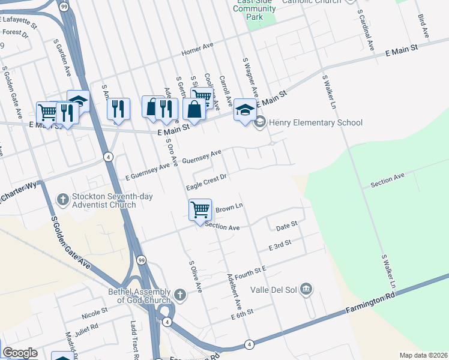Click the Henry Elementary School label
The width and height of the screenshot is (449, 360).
pyautogui.click(x=316, y=123)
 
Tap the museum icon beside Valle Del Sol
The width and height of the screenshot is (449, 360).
pyautogui.click(x=307, y=290)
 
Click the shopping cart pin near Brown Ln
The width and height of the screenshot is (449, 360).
pyautogui.click(x=200, y=211)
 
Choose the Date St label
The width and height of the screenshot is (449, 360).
pyautogui.click(x=287, y=226)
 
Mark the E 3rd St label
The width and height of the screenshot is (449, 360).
pyautogui.click(x=280, y=245)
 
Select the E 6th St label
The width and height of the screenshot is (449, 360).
pyautogui.click(x=243, y=312)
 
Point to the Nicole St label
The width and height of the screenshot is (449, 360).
pyautogui.click(x=94, y=312)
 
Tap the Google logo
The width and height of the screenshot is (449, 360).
pyautogui.click(x=20, y=353)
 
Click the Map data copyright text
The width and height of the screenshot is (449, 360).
pyautogui.click(x=423, y=355)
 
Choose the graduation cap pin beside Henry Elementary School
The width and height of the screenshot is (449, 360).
pyautogui.click(x=245, y=110)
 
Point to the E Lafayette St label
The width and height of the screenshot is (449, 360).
pyautogui.click(x=19, y=23)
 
